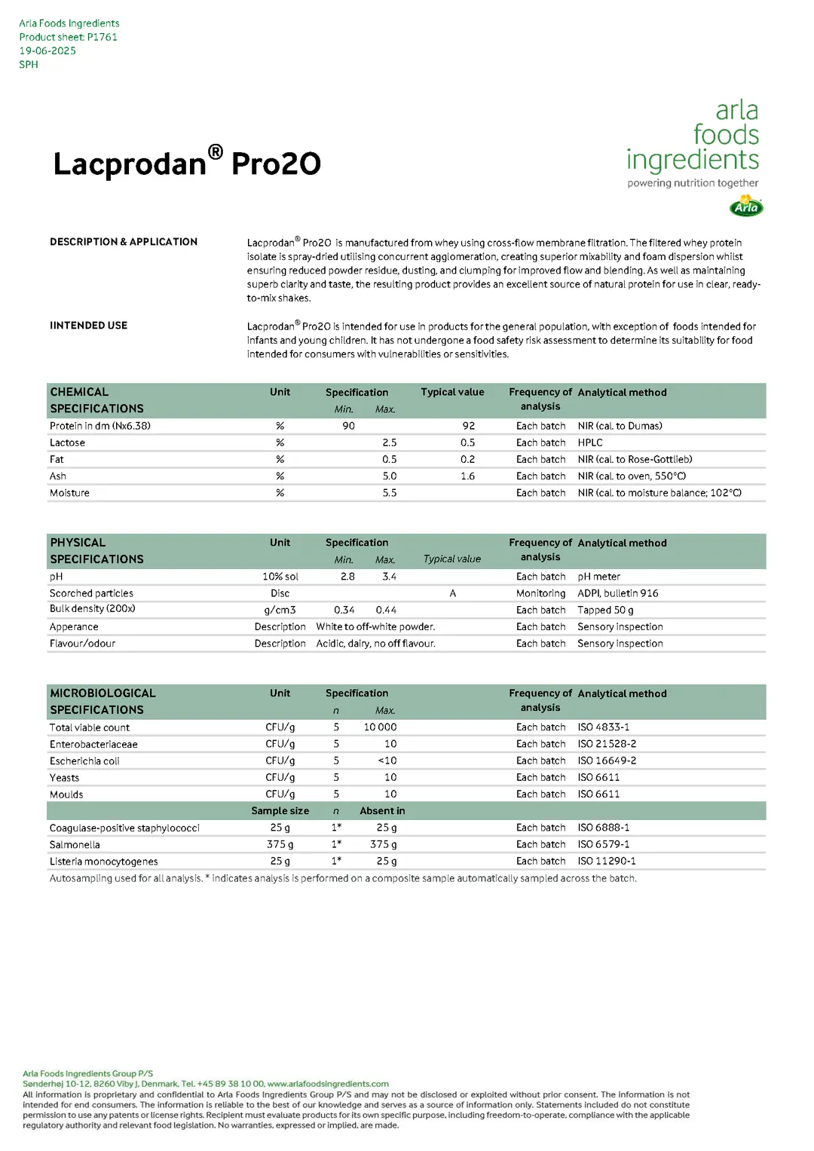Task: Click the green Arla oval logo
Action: click(x=746, y=207)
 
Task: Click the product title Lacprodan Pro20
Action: click(x=187, y=163)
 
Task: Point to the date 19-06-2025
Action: click(x=47, y=51)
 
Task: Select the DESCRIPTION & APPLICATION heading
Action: click(x=124, y=242)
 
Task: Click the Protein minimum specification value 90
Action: click(x=348, y=426)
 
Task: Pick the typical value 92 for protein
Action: click(x=468, y=426)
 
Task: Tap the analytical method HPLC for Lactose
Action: click(x=590, y=442)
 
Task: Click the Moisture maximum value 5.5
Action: click(x=389, y=493)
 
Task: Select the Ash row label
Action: click(x=58, y=476)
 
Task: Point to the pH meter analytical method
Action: click(x=598, y=577)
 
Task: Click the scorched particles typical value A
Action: click(x=452, y=593)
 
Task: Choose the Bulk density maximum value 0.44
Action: click(x=386, y=610)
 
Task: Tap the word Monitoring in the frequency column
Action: click(x=540, y=593)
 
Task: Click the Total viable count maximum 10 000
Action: click(x=380, y=727)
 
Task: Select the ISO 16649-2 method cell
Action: click(x=607, y=761)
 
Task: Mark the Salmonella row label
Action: click(x=75, y=845)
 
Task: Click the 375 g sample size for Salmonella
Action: click(x=280, y=844)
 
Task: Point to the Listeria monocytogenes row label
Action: click(x=104, y=862)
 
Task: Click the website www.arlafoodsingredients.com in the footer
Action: click(x=328, y=1084)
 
